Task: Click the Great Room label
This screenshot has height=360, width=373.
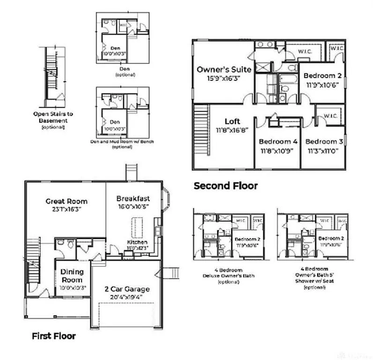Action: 66,201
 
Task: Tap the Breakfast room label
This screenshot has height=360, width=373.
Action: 133,199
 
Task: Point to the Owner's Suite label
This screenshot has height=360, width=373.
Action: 224,69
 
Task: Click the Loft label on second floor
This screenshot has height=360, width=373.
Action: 232,121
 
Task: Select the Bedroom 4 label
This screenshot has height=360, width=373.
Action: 278,141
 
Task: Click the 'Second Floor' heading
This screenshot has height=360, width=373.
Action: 225,186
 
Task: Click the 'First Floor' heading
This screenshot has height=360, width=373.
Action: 53,336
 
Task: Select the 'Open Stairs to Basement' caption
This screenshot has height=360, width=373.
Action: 53,117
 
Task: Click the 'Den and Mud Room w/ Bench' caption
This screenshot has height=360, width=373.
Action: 122,141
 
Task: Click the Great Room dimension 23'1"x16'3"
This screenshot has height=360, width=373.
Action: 66,210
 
